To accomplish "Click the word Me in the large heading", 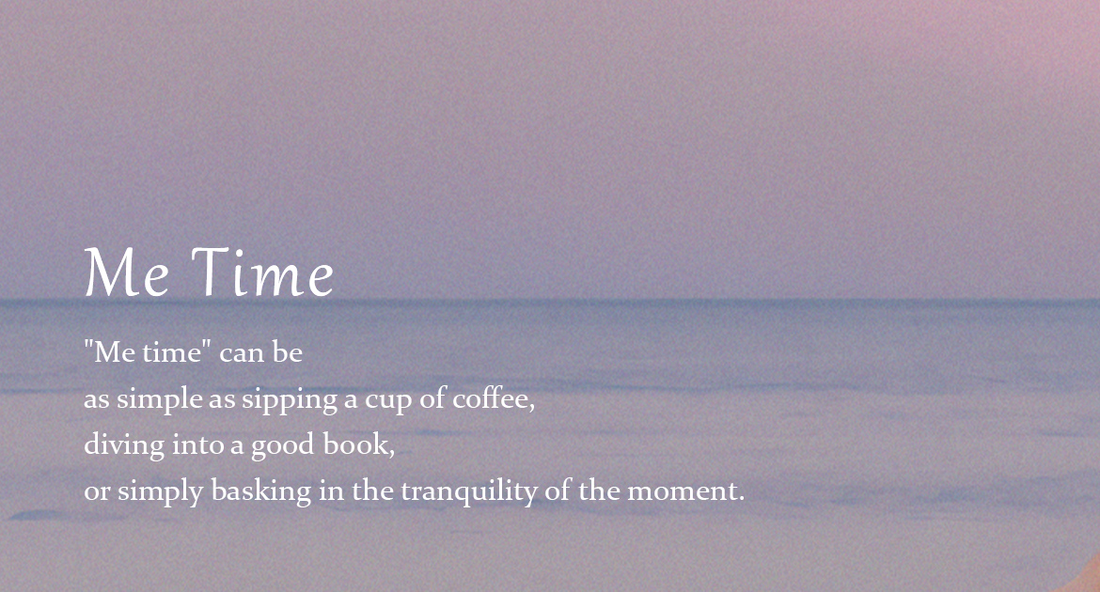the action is pyautogui.click(x=126, y=273).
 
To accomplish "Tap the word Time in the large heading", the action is pyautogui.click(x=262, y=273).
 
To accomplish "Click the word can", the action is pyautogui.click(x=242, y=352).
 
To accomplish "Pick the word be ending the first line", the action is pyautogui.click(x=288, y=351).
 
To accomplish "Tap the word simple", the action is pyautogui.click(x=159, y=399).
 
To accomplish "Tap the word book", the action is pyautogui.click(x=355, y=444).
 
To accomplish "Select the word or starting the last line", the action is pyautogui.click(x=97, y=491).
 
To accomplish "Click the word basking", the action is pyautogui.click(x=261, y=491).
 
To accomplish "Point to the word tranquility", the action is pyautogui.click(x=469, y=491).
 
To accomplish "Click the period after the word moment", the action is pyautogui.click(x=741, y=499).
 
